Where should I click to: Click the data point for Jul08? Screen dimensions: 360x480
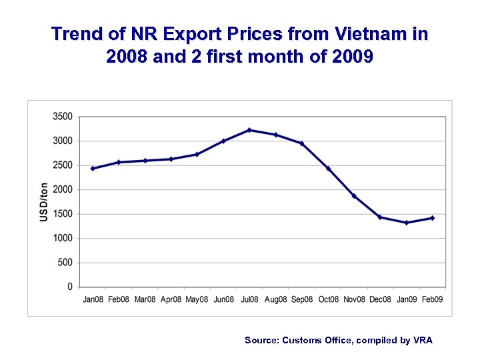tap(249, 130)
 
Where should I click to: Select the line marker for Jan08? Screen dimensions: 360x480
tap(93, 169)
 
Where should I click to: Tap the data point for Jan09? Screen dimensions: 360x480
tap(407, 223)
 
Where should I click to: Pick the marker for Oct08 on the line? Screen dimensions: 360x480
tap(328, 169)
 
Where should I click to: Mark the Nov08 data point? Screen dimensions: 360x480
tap(354, 196)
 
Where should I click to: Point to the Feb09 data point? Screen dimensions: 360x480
tap(433, 218)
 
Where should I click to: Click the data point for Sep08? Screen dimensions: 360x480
tap(302, 143)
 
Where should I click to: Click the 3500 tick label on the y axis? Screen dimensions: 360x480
tap(62, 117)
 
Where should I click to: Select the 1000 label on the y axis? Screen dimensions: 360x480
tap(62, 239)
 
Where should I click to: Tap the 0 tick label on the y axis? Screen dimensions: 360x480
tap(69, 287)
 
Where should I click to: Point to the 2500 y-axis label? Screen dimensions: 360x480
tap(62, 165)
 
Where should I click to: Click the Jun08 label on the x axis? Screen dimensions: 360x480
tap(223, 300)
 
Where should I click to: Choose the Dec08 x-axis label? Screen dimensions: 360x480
tap(380, 300)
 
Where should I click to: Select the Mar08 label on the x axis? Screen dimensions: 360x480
tap(145, 300)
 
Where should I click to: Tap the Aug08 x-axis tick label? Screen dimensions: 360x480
tap(276, 300)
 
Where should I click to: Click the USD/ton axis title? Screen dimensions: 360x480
tap(44, 201)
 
